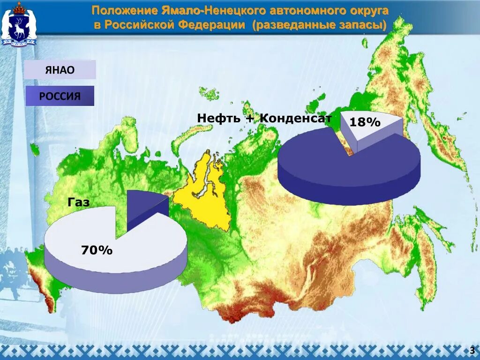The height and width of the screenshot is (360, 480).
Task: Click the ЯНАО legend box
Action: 60,70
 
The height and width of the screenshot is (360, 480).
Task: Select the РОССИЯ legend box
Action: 60,96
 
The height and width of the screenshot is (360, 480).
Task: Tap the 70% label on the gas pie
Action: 97,250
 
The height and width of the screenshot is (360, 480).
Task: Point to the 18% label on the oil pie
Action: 365,122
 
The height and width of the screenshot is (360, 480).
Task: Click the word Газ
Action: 78,202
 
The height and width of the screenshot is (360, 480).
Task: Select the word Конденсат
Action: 296,118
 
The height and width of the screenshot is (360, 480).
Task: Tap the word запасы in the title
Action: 361,25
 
